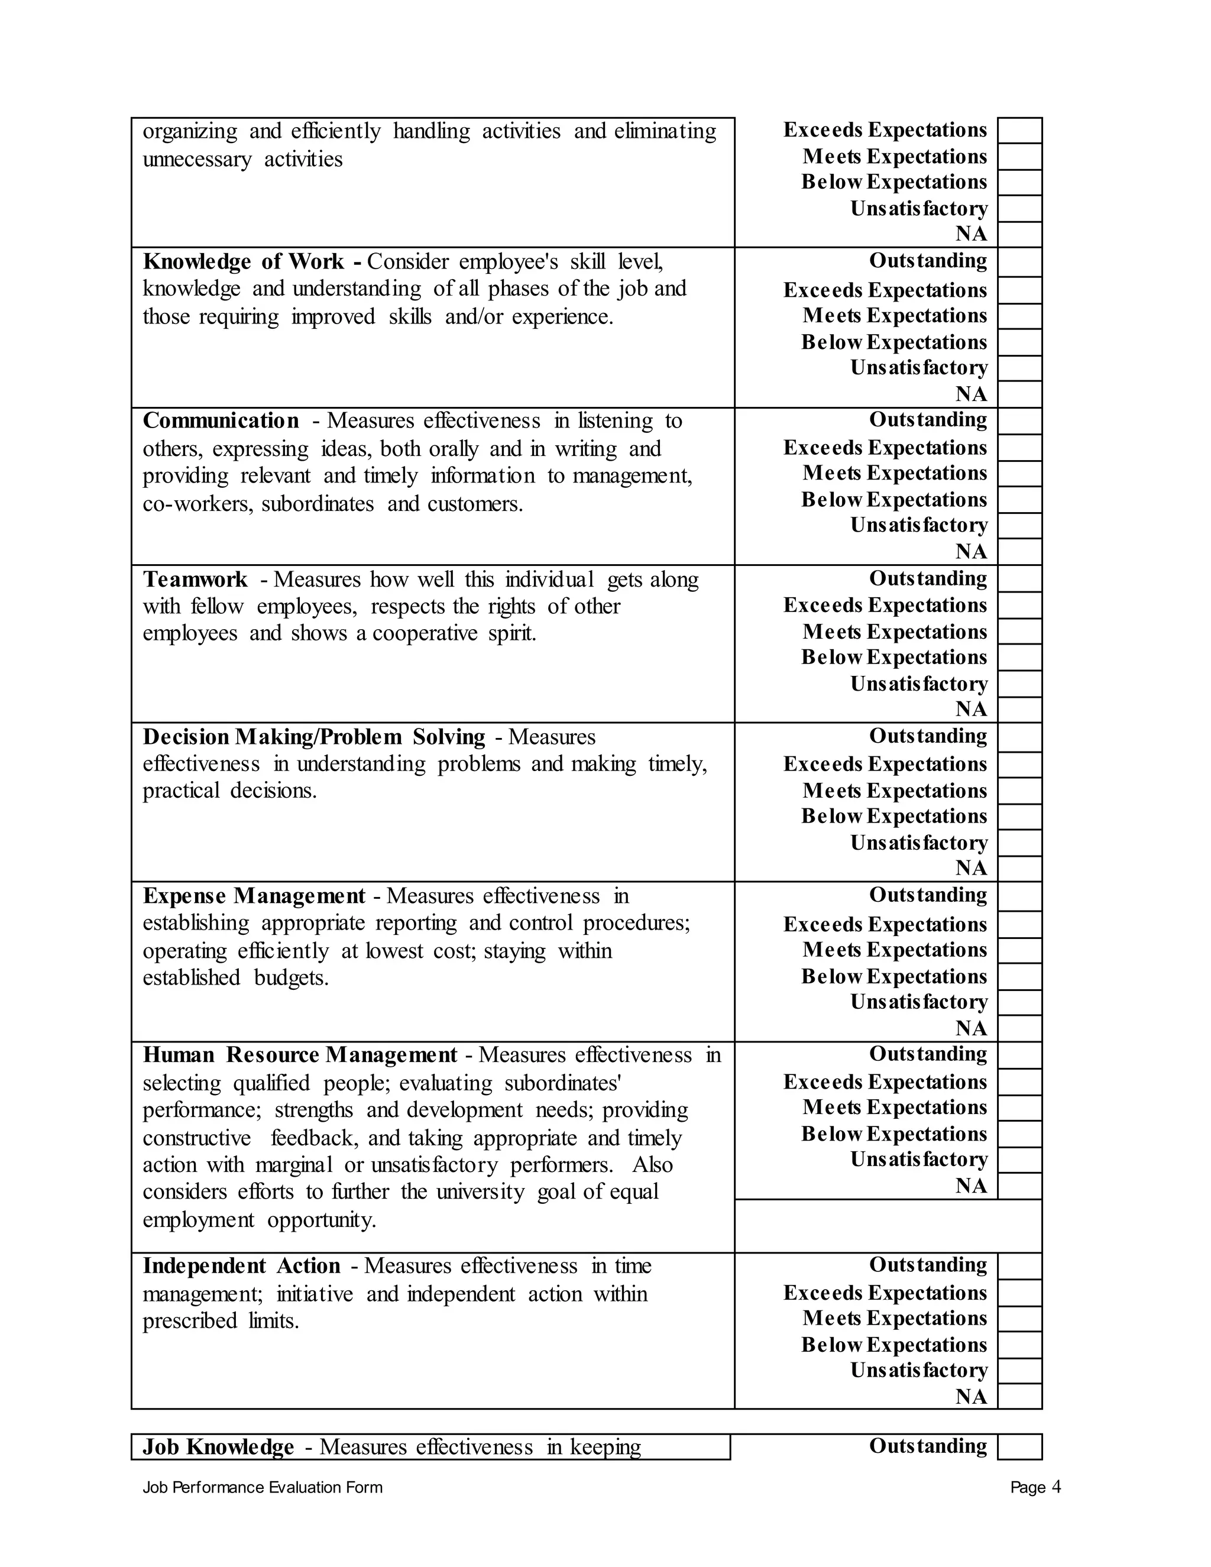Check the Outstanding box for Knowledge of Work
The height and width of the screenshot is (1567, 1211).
pyautogui.click(x=1019, y=262)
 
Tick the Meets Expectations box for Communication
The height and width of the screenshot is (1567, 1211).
pyautogui.click(x=1019, y=474)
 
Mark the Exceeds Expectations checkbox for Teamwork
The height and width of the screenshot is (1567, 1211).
pyautogui.click(x=1019, y=606)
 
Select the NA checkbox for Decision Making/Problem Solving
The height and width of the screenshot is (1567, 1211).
pyautogui.click(x=1019, y=868)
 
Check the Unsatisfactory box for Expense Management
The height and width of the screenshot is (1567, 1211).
pyautogui.click(x=1019, y=1002)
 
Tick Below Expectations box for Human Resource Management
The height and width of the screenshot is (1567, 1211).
pyautogui.click(x=1019, y=1134)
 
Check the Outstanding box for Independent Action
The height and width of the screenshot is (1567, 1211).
pyautogui.click(x=1019, y=1265)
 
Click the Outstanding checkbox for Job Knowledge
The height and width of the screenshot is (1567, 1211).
pyautogui.click(x=1019, y=1446)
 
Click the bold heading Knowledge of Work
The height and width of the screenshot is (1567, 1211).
pyautogui.click(x=243, y=261)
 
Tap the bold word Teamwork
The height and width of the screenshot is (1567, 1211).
pyautogui.click(x=195, y=579)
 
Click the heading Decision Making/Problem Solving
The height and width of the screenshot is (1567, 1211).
pyautogui.click(x=314, y=737)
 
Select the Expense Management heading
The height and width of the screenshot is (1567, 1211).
pyautogui.click(x=254, y=896)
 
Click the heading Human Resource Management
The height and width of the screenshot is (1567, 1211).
pyautogui.click(x=300, y=1055)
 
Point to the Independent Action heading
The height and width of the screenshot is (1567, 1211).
pyautogui.click(x=241, y=1265)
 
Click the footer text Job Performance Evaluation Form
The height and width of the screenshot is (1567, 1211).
pyautogui.click(x=263, y=1487)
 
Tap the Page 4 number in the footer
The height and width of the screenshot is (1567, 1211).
pyautogui.click(x=1035, y=1487)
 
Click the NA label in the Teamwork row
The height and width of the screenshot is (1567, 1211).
pyautogui.click(x=971, y=709)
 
